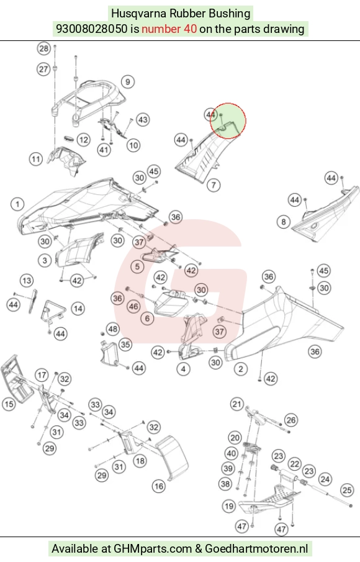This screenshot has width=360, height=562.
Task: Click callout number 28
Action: click(x=43, y=48)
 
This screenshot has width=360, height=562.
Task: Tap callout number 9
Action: click(x=127, y=82)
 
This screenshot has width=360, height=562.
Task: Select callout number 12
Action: click(x=83, y=140)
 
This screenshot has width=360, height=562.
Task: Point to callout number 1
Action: click(x=17, y=204)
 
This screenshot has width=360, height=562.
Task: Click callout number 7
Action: click(x=214, y=185)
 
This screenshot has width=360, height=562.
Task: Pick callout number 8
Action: click(x=283, y=222)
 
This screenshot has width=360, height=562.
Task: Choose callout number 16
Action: click(x=159, y=486)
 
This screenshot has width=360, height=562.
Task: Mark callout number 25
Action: click(x=347, y=489)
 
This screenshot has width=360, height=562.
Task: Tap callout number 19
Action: click(x=228, y=506)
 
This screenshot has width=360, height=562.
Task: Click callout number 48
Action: click(x=113, y=329)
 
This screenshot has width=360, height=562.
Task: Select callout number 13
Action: click(x=27, y=281)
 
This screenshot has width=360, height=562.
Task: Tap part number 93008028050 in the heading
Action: click(x=92, y=29)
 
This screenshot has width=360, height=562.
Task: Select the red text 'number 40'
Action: click(x=169, y=29)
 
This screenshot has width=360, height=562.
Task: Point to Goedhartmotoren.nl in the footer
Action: click(x=256, y=549)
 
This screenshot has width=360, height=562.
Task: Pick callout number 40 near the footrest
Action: click(x=231, y=454)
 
